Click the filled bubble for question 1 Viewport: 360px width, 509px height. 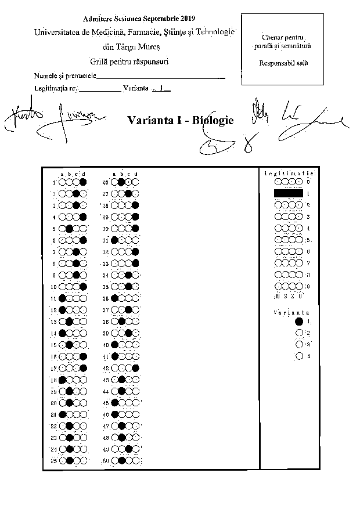[x=83, y=182]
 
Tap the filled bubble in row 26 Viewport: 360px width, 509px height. [x=121, y=182]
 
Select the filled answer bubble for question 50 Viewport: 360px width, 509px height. [x=121, y=461]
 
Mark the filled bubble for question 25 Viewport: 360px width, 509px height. [x=69, y=461]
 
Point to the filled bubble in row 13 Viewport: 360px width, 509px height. [x=69, y=322]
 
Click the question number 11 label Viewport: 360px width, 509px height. [x=53, y=298]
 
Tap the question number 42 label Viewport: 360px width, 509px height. [x=106, y=368]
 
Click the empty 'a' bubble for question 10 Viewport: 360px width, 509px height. [x=62, y=287]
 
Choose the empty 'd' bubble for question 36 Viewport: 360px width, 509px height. [x=135, y=298]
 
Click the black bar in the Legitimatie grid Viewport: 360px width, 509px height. [x=288, y=193]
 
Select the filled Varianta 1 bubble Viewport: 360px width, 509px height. [x=299, y=321]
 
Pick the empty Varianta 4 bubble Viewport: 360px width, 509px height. [x=299, y=356]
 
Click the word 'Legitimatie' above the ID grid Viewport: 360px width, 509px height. [x=289, y=173]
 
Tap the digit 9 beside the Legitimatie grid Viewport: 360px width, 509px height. [x=308, y=286]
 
